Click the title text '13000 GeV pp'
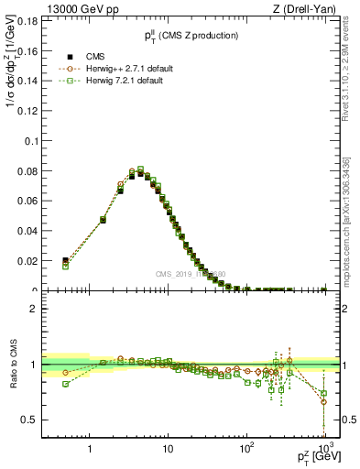click(x=68, y=11)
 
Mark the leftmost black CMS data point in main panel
click(x=65, y=261)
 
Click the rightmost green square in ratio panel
click(x=323, y=393)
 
